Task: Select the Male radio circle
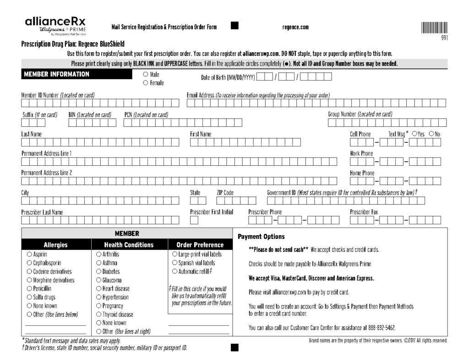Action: tap(145, 74)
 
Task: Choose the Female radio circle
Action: tap(145, 83)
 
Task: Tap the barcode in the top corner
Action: tap(434, 27)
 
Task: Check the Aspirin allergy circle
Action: tap(29, 254)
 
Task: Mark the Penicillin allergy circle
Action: tap(29, 288)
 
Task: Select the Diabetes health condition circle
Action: tap(98, 271)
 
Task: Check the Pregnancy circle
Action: tap(98, 306)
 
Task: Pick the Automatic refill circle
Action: tap(175, 271)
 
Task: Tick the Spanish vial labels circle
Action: tap(175, 263)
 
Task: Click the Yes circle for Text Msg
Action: tap(414, 134)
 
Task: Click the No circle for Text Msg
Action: tap(431, 134)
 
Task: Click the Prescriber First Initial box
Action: tap(194, 220)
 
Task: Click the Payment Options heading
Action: tap(261, 237)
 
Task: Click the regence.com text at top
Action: tap(295, 27)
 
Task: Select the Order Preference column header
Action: tap(200, 245)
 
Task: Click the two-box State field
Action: tap(198, 200)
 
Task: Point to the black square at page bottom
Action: tap(234, 348)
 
